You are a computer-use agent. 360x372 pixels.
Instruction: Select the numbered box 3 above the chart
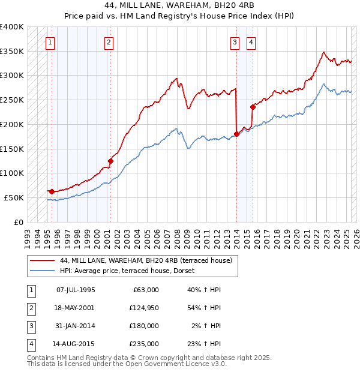click(x=234, y=42)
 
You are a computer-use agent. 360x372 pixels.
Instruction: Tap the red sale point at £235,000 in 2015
click(x=253, y=107)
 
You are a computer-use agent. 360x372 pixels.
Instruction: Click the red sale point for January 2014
click(x=236, y=134)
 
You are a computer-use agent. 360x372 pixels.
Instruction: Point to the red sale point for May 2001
click(x=110, y=161)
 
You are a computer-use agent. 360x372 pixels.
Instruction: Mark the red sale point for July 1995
click(x=52, y=191)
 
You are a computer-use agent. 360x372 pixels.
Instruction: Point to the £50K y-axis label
click(x=14, y=197)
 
